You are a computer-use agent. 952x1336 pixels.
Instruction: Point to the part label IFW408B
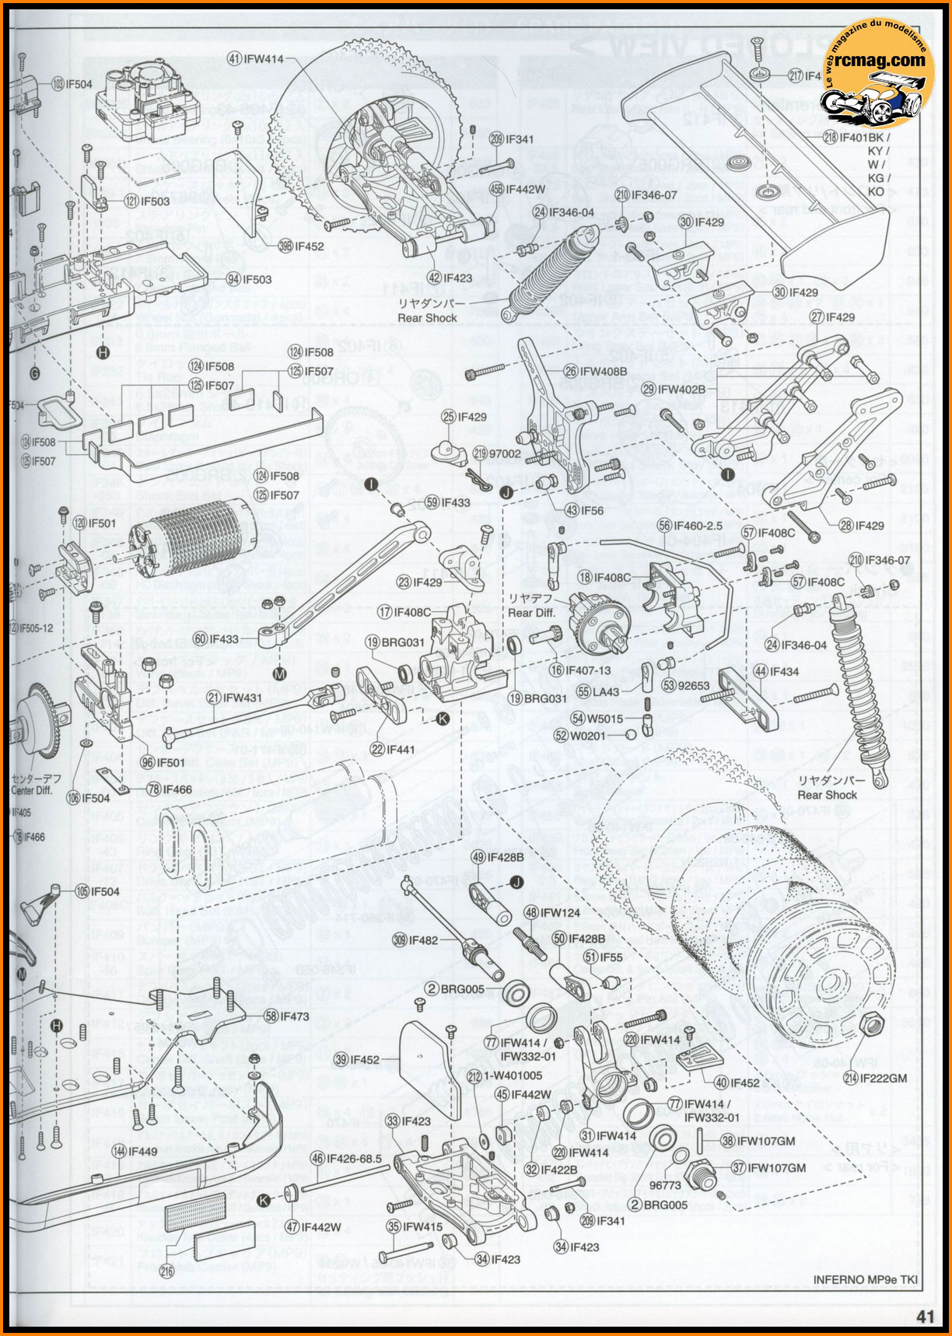(x=602, y=372)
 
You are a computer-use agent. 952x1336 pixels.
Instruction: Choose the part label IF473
(x=296, y=1016)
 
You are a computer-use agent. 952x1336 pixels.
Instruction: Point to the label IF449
(x=144, y=1150)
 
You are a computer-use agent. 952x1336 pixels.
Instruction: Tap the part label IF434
(x=786, y=670)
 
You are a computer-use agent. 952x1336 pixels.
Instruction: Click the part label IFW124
(x=562, y=912)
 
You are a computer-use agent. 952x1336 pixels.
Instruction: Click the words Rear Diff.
(x=531, y=612)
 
